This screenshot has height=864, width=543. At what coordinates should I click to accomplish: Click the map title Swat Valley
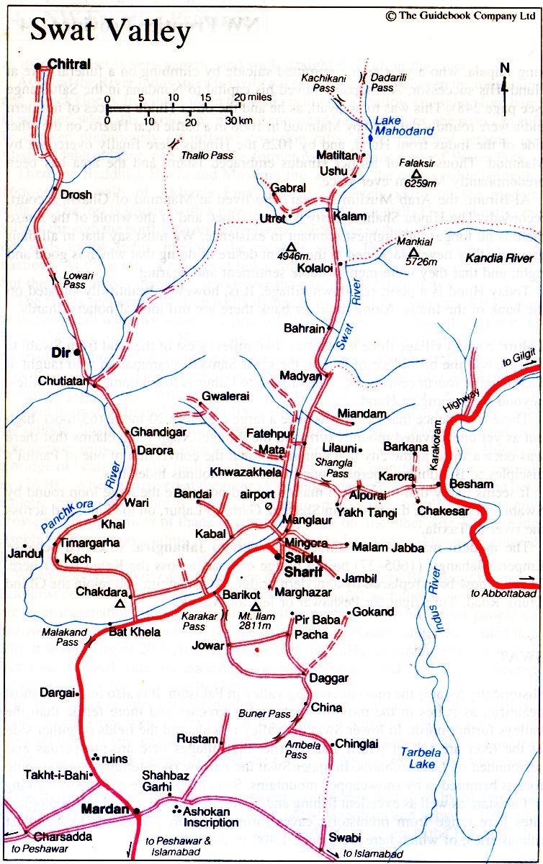110,31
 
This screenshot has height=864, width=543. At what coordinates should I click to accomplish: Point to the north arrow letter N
505,68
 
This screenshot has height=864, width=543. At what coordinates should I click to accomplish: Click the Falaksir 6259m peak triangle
417,174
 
